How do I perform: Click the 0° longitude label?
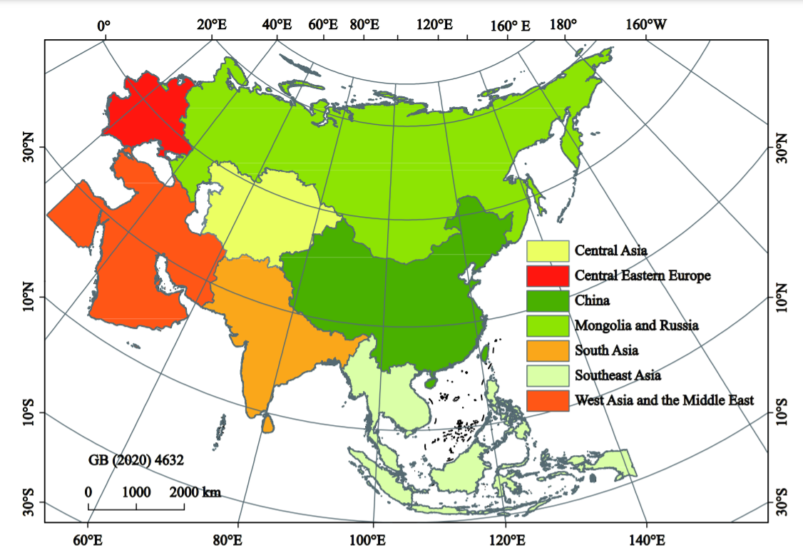click(104, 26)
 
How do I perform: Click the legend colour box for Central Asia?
click(548, 250)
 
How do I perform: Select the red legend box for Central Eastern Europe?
click(548, 275)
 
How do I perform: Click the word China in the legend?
click(592, 300)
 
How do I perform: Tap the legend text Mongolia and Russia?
click(636, 325)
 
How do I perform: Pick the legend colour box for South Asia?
click(548, 350)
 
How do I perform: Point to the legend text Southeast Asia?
click(618, 375)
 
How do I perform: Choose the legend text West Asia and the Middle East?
click(664, 400)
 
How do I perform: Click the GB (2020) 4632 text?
click(136, 460)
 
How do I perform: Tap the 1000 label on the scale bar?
click(136, 492)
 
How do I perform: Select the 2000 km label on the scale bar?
click(195, 492)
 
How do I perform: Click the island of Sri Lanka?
click(267, 424)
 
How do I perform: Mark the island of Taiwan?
click(485, 352)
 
